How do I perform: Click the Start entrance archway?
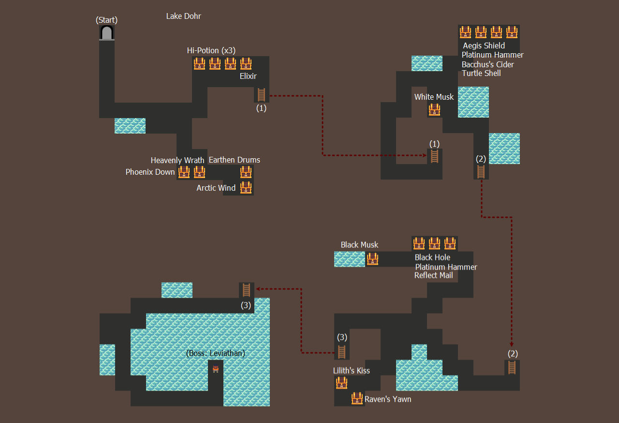(107, 33)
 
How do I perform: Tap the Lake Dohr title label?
(183, 16)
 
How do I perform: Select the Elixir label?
(248, 76)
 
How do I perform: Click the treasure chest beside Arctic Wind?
(246, 188)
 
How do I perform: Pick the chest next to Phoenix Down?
(184, 172)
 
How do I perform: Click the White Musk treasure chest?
(434, 110)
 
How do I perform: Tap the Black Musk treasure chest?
(372, 259)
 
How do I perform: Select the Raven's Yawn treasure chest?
(357, 398)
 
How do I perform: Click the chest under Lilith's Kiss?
(341, 383)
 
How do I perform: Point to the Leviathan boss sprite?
(216, 369)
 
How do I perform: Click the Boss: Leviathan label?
(216, 353)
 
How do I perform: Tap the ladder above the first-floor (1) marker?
(261, 94)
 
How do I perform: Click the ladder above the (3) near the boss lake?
(246, 290)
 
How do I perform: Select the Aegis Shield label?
(484, 45)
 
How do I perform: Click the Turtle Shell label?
(481, 73)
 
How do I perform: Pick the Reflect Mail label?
(434, 275)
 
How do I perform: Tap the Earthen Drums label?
(235, 160)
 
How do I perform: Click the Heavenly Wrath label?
(177, 160)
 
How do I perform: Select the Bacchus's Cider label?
(488, 64)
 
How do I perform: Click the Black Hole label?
(432, 257)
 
